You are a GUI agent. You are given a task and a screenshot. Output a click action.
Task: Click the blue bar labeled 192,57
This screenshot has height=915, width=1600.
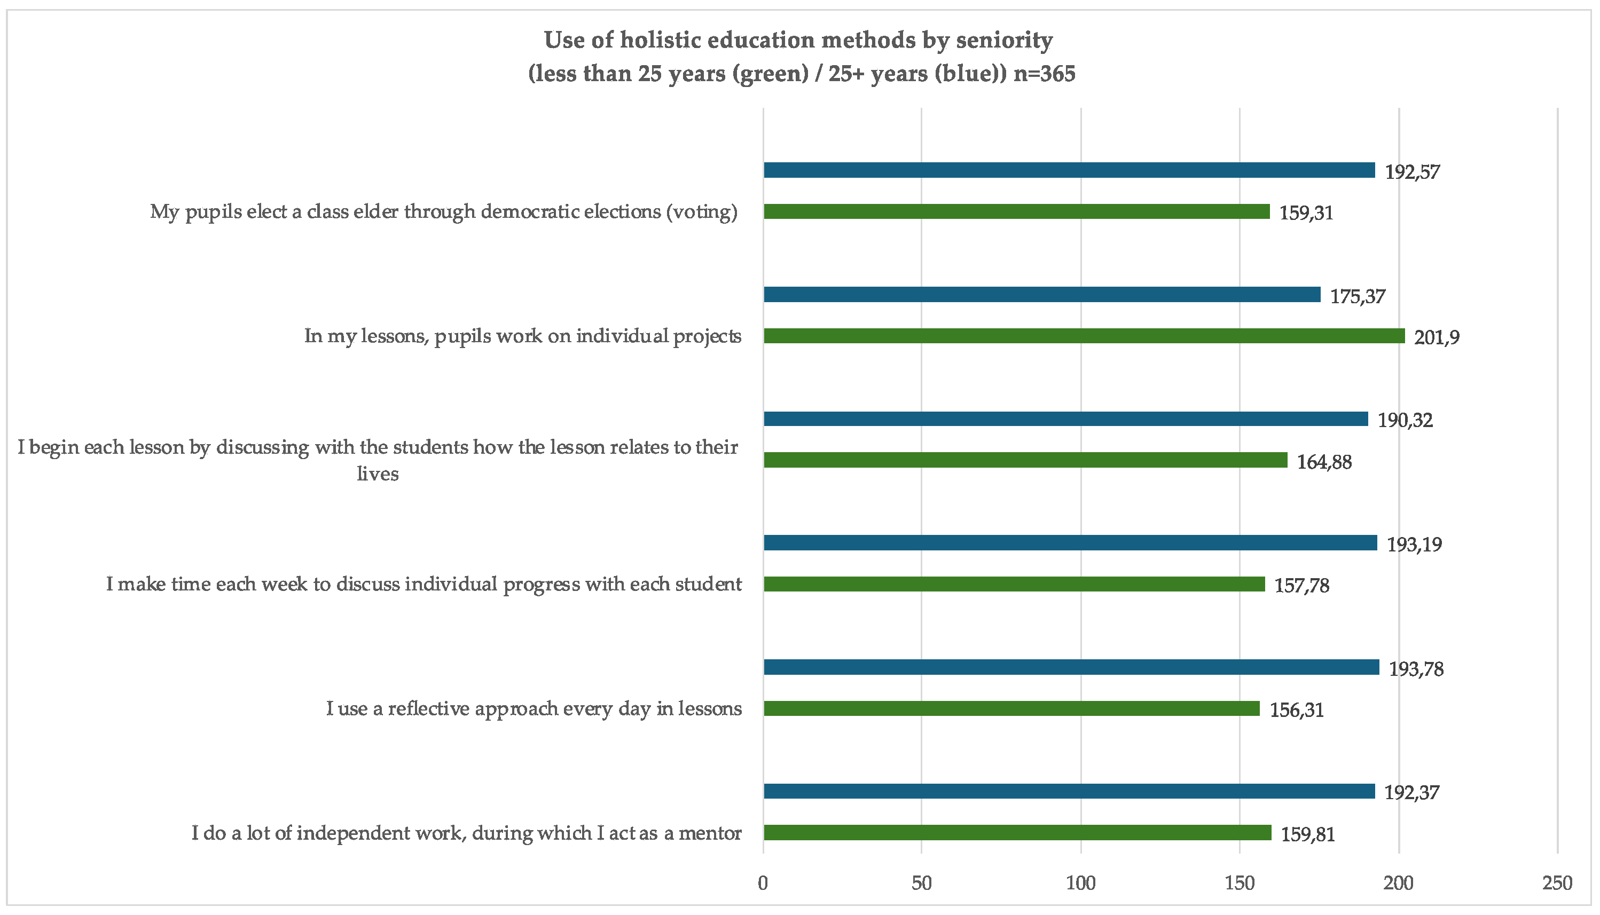pyautogui.click(x=1069, y=170)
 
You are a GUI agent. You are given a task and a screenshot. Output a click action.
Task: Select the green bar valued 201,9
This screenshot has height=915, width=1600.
pyautogui.click(x=1084, y=336)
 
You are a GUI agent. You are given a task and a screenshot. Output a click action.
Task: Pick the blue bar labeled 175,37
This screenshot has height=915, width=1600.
pyautogui.click(x=1042, y=295)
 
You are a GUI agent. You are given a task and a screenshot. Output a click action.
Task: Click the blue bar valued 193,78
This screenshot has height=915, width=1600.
pyautogui.click(x=1071, y=667)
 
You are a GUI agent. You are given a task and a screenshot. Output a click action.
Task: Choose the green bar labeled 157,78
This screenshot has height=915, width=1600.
pyautogui.click(x=1014, y=585)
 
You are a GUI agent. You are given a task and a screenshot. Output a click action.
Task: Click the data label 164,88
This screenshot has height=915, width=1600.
pyautogui.click(x=1324, y=462)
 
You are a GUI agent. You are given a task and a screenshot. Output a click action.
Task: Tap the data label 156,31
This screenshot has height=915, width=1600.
pyautogui.click(x=1296, y=710)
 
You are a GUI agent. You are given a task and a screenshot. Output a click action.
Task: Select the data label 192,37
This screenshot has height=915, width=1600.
pyautogui.click(x=1411, y=792)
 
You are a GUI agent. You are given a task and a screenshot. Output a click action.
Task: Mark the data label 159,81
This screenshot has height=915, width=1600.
pyautogui.click(x=1308, y=834)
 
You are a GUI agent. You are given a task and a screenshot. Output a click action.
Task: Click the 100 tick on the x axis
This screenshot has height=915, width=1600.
pyautogui.click(x=1081, y=884)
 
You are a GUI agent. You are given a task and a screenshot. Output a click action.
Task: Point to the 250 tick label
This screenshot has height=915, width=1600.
pyautogui.click(x=1557, y=884)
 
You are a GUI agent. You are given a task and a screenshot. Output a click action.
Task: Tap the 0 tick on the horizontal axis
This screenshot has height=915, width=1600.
pyautogui.click(x=763, y=884)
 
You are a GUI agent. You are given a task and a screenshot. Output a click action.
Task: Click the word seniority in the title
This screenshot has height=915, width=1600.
pyautogui.click(x=1004, y=40)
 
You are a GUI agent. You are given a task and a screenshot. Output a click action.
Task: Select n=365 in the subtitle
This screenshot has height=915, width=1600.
pyautogui.click(x=1044, y=74)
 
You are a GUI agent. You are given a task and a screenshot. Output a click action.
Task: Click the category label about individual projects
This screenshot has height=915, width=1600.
pyautogui.click(x=522, y=336)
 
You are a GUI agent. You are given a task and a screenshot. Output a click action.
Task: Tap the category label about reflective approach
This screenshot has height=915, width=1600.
pyautogui.click(x=534, y=709)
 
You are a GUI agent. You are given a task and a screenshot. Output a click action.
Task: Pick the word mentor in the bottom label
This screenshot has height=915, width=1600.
pyautogui.click(x=710, y=833)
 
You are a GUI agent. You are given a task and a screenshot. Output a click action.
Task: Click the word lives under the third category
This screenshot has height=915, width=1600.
pyautogui.click(x=378, y=474)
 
